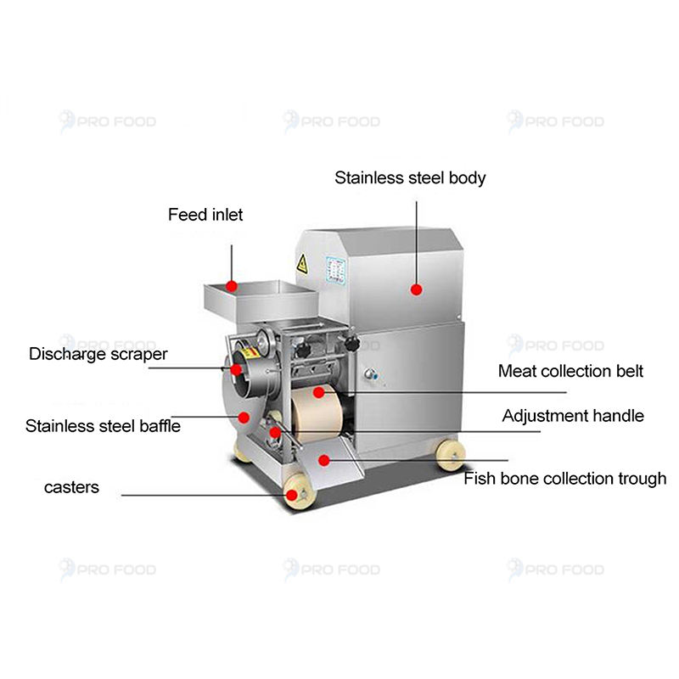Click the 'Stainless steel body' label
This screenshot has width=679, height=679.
click(410, 178)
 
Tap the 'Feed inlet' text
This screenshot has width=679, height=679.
click(205, 215)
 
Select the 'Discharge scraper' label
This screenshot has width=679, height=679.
click(98, 354)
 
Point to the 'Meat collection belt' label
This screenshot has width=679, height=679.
click(570, 371)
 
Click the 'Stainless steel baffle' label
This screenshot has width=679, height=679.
click(103, 425)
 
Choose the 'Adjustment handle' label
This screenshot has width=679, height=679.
click(573, 416)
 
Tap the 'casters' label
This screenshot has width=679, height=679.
click(71, 487)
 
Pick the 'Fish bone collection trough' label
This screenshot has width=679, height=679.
click(564, 479)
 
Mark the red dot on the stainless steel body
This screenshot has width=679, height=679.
click(416, 289)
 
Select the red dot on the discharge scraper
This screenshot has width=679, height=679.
click(236, 369)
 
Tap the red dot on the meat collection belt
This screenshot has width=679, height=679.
click(317, 392)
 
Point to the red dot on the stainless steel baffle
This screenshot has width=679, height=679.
click(243, 417)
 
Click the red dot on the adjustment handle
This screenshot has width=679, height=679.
click(275, 433)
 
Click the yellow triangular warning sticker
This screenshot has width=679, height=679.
click(301, 264)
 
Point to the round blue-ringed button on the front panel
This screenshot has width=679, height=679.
click(369, 375)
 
